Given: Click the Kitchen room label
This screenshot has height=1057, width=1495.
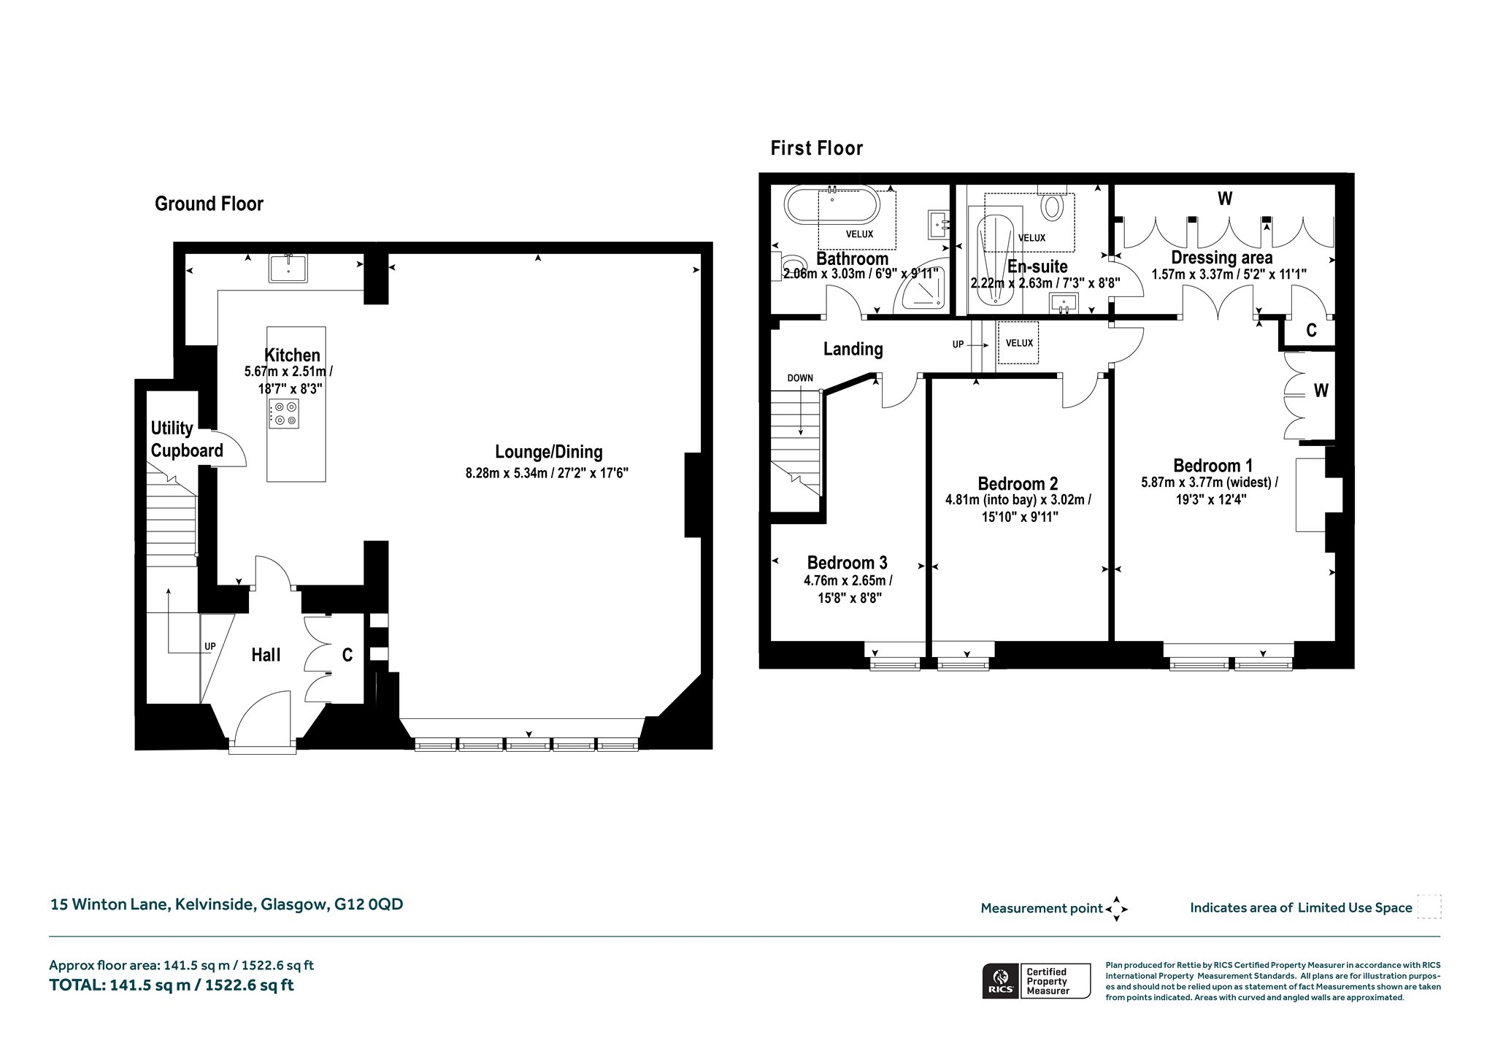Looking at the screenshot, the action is (x=292, y=355).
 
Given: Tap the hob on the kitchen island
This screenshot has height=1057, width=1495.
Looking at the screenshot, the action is (x=284, y=413).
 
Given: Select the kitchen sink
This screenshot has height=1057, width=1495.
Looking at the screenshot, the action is (x=289, y=268).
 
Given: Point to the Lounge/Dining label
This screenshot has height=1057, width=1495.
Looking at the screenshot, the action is (x=548, y=452).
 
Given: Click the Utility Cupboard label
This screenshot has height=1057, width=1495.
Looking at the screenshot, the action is (x=187, y=439).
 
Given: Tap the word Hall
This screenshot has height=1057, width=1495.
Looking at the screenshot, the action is (x=266, y=656).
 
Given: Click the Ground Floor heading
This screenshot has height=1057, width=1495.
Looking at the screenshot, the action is (x=209, y=204).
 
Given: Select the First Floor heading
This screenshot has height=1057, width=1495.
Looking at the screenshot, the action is (x=817, y=148).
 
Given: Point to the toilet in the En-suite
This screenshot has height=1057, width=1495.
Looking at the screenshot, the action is (x=1052, y=204).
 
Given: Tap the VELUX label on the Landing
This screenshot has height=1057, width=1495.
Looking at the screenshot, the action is (x=1019, y=343).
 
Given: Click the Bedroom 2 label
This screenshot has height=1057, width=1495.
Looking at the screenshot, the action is (x=1018, y=484).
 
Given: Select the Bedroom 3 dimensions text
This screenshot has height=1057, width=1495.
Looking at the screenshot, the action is (x=848, y=589).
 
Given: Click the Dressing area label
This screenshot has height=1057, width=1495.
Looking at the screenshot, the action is (x=1221, y=258).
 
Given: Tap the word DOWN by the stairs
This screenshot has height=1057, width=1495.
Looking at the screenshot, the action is (x=800, y=378).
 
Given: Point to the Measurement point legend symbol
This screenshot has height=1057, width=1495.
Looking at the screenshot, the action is (x=1116, y=909).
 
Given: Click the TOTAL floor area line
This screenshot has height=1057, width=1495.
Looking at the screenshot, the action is (x=172, y=985).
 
